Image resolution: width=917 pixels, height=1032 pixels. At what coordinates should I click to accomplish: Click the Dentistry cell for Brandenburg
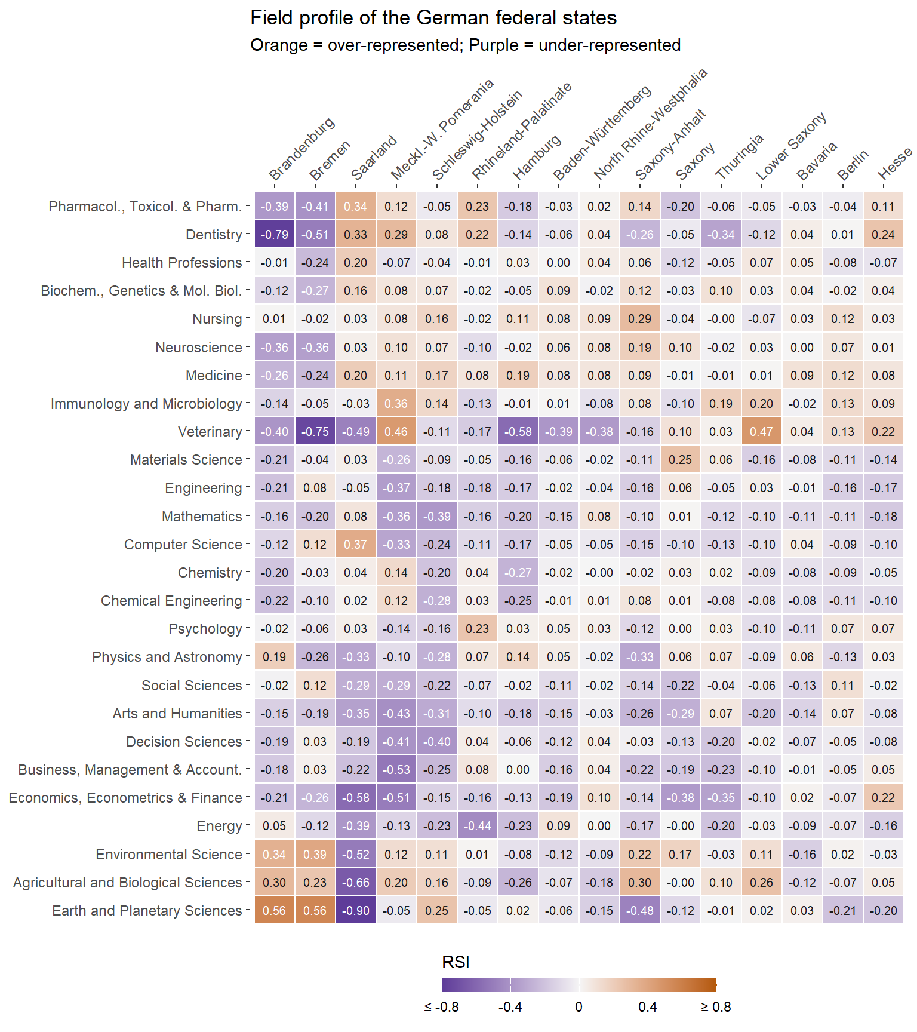(x=275, y=235)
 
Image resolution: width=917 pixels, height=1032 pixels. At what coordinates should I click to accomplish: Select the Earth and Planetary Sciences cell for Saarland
(x=356, y=911)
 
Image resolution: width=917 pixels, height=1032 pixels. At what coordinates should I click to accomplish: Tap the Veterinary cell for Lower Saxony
(x=762, y=432)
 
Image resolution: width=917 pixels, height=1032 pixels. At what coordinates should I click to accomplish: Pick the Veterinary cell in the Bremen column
(x=315, y=432)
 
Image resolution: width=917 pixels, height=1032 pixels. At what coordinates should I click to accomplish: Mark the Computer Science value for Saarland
(x=356, y=545)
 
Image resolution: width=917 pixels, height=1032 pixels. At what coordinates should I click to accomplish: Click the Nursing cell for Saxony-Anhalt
(x=640, y=319)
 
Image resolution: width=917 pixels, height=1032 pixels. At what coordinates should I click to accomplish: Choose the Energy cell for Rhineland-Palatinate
(x=478, y=826)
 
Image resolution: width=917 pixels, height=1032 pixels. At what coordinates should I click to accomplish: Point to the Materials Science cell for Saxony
(x=681, y=460)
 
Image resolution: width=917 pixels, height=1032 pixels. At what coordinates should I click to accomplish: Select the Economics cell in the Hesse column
(x=884, y=798)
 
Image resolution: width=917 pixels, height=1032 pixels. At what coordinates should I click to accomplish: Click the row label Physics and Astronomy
(x=167, y=657)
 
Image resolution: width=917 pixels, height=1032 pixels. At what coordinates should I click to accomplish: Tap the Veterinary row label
(x=210, y=432)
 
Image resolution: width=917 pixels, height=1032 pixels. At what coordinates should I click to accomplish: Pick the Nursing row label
(x=217, y=319)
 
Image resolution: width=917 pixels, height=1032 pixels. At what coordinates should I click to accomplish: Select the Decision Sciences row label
(x=184, y=742)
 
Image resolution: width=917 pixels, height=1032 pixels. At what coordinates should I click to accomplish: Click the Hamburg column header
(x=537, y=157)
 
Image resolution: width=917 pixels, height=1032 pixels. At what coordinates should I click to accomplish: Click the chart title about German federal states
(x=433, y=18)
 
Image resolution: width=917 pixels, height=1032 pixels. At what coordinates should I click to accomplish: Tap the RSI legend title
(x=456, y=962)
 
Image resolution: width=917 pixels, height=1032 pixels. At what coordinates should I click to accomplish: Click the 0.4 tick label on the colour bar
(x=647, y=1007)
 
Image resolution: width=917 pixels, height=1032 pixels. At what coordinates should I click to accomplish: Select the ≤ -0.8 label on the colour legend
(x=442, y=1007)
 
